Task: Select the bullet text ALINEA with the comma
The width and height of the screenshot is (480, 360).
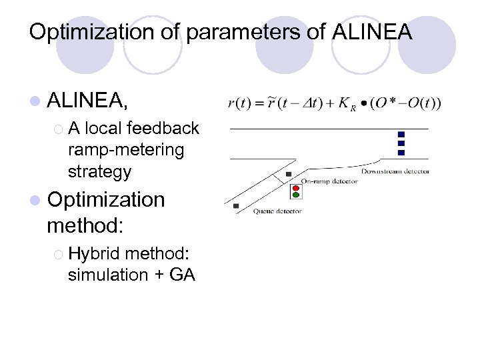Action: pyautogui.click(x=87, y=101)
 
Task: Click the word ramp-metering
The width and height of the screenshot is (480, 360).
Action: pyautogui.click(x=125, y=149)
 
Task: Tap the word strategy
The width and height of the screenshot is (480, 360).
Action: pyautogui.click(x=99, y=171)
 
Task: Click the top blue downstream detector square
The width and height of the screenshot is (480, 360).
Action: pyautogui.click(x=401, y=134)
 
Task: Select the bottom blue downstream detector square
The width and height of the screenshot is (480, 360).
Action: pyautogui.click(x=401, y=153)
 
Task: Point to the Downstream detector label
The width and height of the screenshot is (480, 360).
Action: pyautogui.click(x=395, y=171)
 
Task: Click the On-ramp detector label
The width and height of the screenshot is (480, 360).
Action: pyautogui.click(x=329, y=181)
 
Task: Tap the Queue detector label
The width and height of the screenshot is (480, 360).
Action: pyautogui.click(x=277, y=211)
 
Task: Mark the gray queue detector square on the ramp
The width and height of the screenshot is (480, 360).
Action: pyautogui.click(x=236, y=206)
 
